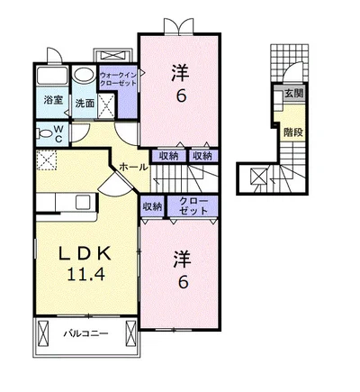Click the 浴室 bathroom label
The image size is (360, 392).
53,100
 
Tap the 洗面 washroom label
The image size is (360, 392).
85,104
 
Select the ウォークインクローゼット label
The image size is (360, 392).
118,78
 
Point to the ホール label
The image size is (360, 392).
134,167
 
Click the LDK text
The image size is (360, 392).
85,254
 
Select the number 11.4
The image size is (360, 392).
86,274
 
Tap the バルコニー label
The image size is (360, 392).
85,333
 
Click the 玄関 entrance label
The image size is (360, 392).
294,94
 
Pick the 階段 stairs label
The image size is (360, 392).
294,132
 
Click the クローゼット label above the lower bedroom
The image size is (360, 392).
193,205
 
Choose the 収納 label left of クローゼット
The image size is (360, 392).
152,206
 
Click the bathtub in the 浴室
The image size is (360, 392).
52,76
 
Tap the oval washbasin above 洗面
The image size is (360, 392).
85,75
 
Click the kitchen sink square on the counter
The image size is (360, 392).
83,202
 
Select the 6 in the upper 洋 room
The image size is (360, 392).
181,96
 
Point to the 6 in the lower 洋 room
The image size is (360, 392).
183,282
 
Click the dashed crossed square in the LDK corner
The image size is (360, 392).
47,160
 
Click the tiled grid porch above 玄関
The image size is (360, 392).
290,63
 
